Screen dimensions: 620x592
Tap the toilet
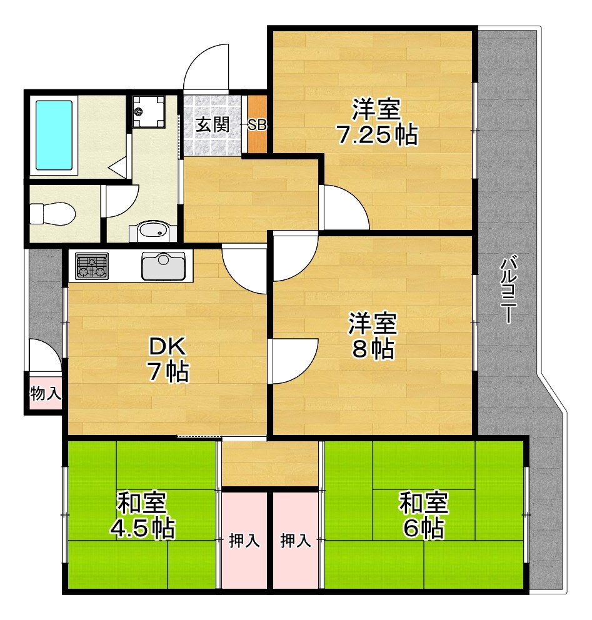[53, 214]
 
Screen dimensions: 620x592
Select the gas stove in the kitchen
[92, 266]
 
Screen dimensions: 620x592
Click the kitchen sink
[163, 266]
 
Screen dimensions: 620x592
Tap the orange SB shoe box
[257, 124]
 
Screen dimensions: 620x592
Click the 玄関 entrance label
[212, 124]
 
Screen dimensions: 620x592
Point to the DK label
[168, 346]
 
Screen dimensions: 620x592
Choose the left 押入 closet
[244, 541]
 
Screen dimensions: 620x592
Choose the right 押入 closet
[296, 541]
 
